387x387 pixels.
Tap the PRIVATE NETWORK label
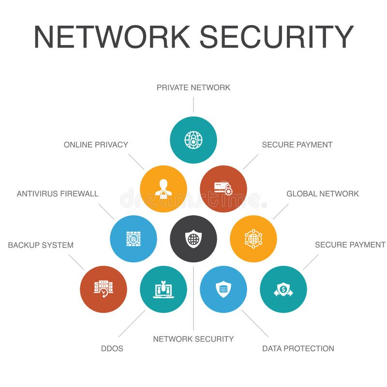click(x=193, y=88)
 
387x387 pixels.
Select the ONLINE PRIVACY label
click(x=96, y=145)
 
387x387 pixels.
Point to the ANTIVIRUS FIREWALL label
click(x=58, y=194)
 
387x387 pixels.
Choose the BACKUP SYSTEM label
click(x=41, y=245)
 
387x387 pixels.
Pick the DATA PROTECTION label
click(x=298, y=348)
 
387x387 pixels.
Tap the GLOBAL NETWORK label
click(x=323, y=194)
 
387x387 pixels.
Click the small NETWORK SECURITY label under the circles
click(x=193, y=339)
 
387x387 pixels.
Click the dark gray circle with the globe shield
click(x=193, y=239)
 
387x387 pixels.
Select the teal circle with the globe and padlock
click(x=193, y=140)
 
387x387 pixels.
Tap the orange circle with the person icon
click(x=164, y=189)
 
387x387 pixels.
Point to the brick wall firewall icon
click(x=134, y=239)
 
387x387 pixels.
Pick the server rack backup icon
click(x=104, y=289)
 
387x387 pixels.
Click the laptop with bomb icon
click(x=164, y=289)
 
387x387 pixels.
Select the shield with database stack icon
click(x=223, y=289)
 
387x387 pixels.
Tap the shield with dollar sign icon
click(x=283, y=289)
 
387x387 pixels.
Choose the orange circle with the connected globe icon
click(x=253, y=239)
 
